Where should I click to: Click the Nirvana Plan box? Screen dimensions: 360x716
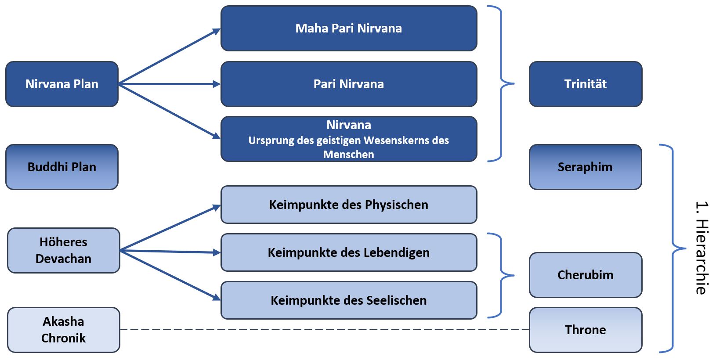[x=62, y=84]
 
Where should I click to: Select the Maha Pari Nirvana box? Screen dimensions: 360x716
[x=348, y=29]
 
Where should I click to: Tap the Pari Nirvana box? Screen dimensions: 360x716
[x=348, y=84]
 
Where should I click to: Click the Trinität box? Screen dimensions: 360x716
[x=585, y=84]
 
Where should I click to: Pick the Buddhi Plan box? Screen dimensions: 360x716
[x=62, y=167]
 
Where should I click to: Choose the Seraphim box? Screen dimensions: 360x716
[x=585, y=167]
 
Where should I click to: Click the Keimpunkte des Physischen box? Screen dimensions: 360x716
[x=348, y=205]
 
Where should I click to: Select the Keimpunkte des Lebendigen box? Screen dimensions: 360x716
[x=348, y=252]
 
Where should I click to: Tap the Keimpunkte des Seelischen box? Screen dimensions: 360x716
[x=348, y=300]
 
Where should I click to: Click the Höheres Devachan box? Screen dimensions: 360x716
[x=64, y=250]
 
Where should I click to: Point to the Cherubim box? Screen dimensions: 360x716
[x=585, y=275]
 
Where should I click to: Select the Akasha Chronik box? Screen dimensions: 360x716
[x=64, y=330]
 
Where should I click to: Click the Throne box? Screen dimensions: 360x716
[x=585, y=330]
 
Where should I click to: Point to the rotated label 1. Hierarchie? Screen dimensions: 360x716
[x=702, y=248]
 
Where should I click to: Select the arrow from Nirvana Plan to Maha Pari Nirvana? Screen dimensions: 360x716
[x=169, y=57]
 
